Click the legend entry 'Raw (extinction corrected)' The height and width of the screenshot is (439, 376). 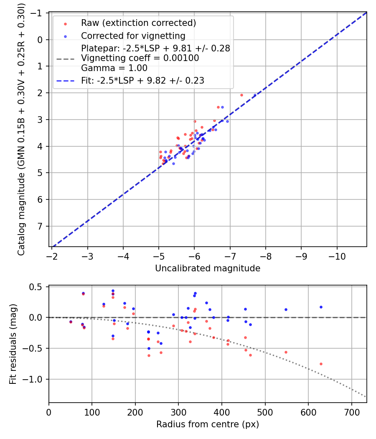(x=138, y=23)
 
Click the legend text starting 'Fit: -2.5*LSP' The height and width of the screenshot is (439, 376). (x=142, y=81)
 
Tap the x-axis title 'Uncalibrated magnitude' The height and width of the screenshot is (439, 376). (x=208, y=268)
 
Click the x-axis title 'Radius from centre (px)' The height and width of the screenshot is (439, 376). (x=208, y=424)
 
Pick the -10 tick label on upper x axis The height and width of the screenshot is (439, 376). (x=337, y=255)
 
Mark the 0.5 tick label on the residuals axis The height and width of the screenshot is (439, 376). (x=38, y=287)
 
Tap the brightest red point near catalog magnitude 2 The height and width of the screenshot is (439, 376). (x=241, y=95)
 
